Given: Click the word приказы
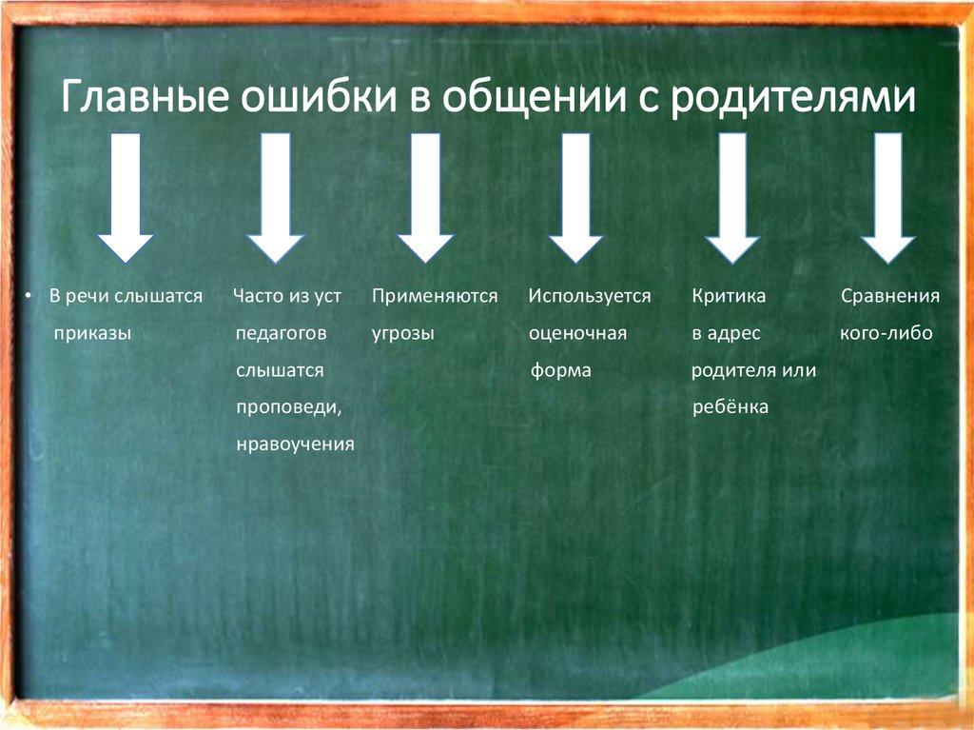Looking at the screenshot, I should [x=92, y=334].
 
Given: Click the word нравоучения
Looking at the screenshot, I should [x=295, y=444].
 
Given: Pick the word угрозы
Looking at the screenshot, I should [x=403, y=334].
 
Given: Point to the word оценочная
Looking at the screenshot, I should [x=577, y=334].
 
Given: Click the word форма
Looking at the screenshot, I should [x=560, y=371].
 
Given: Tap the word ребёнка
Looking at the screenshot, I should [x=730, y=407].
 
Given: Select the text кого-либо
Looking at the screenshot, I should [x=886, y=334].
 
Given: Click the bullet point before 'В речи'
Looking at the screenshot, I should [x=29, y=297].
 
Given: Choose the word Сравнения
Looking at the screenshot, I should [x=890, y=297].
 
